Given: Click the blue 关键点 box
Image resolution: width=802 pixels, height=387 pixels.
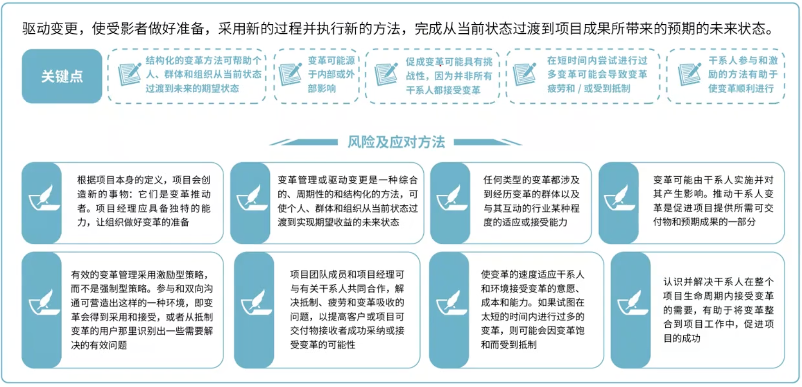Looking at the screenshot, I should (x=62, y=76).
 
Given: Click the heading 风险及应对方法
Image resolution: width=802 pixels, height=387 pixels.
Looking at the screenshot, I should (x=396, y=142).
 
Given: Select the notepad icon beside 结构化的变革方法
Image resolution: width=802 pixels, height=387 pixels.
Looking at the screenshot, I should (x=129, y=75).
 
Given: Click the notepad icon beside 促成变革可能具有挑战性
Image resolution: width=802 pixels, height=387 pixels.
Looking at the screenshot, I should (x=386, y=74).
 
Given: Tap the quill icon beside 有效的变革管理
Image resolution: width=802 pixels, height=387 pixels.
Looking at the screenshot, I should (x=44, y=302).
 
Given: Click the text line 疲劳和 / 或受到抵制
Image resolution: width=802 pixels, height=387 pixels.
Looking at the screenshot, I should (x=589, y=88).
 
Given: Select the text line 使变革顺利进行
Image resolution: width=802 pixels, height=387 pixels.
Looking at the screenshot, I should (x=741, y=88).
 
